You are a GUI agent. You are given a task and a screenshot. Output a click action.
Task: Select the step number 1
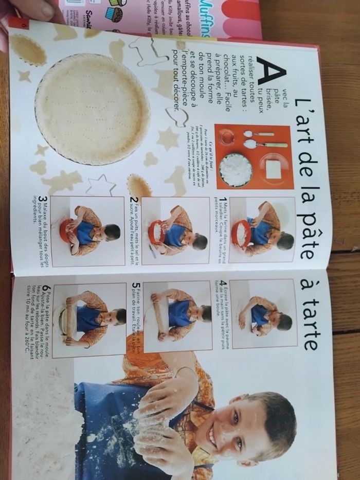(x=223, y=200)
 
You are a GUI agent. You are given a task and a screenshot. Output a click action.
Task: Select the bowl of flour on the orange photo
(x=235, y=170)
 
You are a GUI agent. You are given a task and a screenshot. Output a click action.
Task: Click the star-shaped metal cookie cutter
(x=100, y=185)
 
